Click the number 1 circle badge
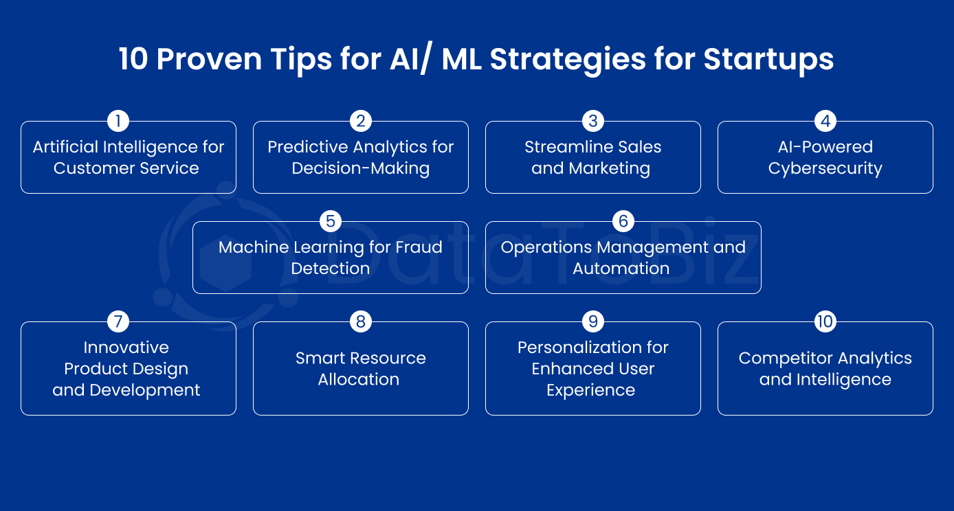coord(118,122)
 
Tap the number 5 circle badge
coord(331,221)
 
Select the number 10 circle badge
coord(825,321)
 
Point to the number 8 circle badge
coord(360,321)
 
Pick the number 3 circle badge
coord(592,122)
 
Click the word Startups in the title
coord(768,60)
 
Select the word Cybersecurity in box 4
coord(825,169)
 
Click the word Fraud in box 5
coord(419,247)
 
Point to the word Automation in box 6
coord(621,269)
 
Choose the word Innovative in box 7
coord(126,348)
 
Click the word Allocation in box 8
coord(358,380)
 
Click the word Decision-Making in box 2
coord(360,169)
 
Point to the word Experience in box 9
coord(590,390)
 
